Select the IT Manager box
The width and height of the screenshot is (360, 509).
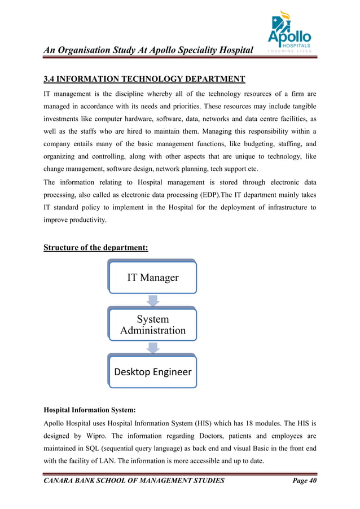click(152, 277)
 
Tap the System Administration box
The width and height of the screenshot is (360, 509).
click(152, 324)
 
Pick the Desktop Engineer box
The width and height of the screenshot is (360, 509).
click(152, 372)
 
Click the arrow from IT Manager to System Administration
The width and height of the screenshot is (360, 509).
click(152, 301)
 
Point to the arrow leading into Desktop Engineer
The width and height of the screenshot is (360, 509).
click(152, 348)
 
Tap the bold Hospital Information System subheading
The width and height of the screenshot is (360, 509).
click(89, 410)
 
